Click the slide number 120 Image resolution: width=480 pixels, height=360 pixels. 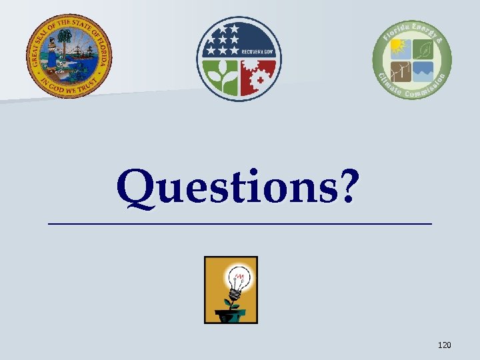(x=444, y=345)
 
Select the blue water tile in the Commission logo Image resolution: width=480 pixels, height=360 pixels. (x=423, y=70)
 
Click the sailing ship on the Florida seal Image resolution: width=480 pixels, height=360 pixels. (x=79, y=51)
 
